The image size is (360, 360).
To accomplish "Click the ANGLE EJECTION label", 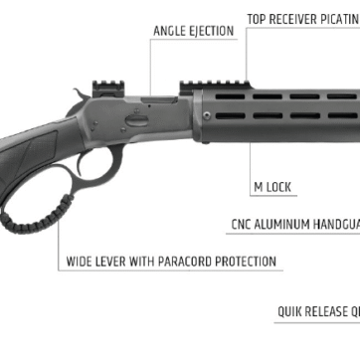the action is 193,31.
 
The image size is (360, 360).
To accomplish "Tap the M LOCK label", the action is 273,186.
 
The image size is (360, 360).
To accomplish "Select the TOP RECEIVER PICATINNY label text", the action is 303,19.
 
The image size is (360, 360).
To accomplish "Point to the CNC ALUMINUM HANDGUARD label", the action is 294,225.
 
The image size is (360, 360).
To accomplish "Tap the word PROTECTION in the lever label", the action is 244,263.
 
